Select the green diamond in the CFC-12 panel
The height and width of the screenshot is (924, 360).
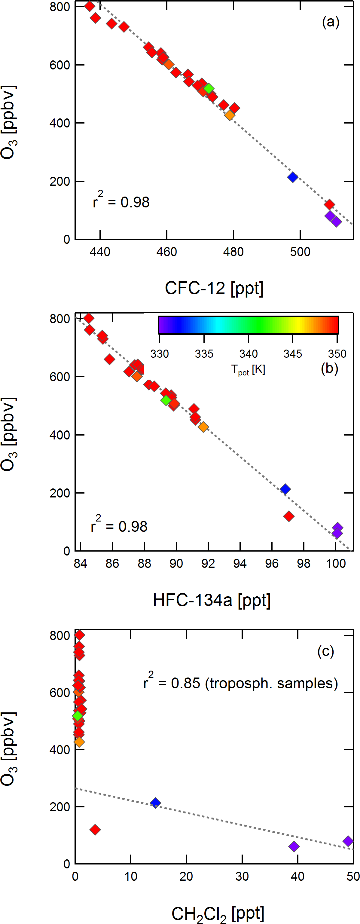209,89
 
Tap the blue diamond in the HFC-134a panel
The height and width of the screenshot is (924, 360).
285,489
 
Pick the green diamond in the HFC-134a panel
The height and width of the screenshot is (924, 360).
166,400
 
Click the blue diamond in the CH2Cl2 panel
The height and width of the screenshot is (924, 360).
155,803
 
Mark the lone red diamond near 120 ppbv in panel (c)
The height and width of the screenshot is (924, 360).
95,830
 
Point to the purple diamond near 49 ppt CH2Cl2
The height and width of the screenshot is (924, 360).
348,841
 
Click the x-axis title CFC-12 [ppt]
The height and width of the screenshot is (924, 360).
214,288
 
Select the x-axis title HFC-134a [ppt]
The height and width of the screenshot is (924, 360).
212,600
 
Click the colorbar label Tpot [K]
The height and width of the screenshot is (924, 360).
248,369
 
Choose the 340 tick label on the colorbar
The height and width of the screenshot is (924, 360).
248,354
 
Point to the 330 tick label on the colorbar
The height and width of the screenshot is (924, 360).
159,354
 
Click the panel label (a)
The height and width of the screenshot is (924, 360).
330,22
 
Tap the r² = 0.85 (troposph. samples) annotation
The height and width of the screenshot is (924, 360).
240,683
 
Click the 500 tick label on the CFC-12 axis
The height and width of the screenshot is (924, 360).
300,252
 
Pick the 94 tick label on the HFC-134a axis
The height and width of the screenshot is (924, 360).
239,564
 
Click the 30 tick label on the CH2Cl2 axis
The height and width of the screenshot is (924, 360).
242,876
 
